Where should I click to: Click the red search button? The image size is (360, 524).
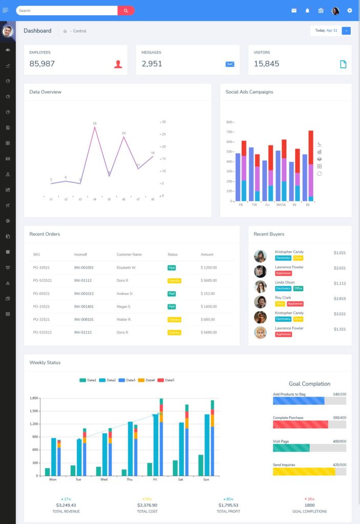pos(125,10)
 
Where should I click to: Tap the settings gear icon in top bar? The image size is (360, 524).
pos(350,10)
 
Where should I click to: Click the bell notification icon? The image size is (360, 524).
pos(308,10)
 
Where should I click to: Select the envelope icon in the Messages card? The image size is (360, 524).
pos(230,64)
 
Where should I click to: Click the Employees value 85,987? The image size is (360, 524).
pos(42,63)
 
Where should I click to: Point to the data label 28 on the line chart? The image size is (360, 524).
pos(95,123)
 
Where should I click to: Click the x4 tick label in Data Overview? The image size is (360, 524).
pos(95,199)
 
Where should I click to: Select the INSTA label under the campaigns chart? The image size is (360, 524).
pos(281,204)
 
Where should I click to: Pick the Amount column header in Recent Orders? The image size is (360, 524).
pos(207,254)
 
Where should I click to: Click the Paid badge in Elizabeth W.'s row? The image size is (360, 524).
pos(172,268)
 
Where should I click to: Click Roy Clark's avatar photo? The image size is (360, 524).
pos(260,302)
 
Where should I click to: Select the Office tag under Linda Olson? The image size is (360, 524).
pos(298,289)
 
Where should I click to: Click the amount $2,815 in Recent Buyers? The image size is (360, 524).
pos(340,298)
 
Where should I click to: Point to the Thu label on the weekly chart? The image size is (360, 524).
pos(130,479)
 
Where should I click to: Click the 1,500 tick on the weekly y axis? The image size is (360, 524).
pos(34,411)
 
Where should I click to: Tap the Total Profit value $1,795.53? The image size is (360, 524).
pos(228,505)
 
